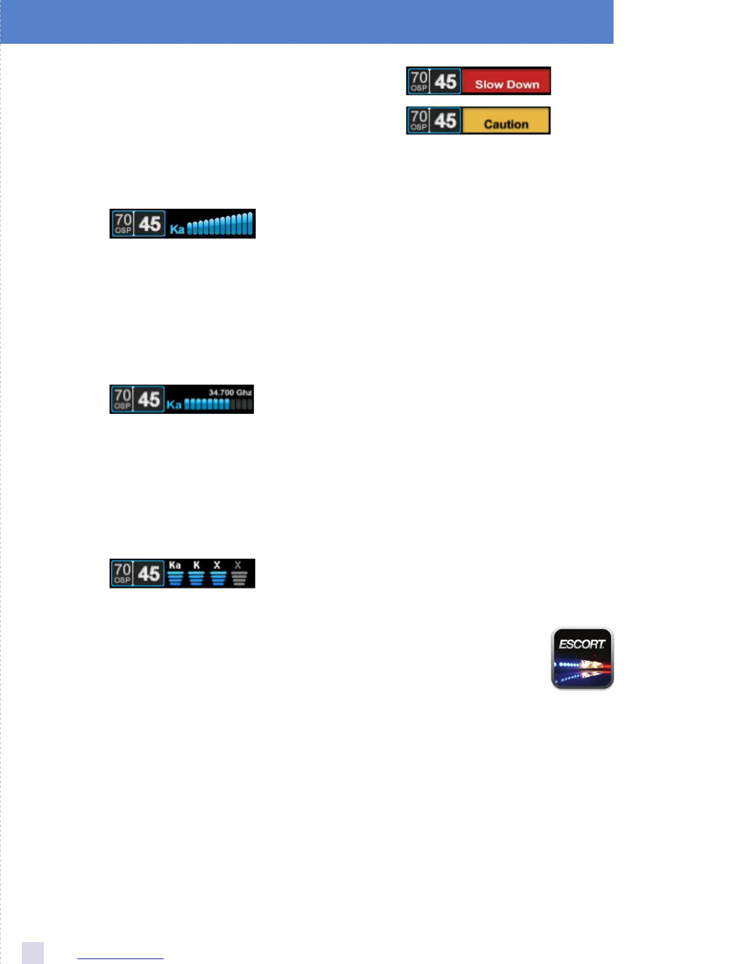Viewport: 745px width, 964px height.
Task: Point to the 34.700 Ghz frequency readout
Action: [230, 393]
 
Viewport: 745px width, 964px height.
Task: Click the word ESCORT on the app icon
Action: [582, 644]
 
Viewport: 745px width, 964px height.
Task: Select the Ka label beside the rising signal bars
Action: [177, 229]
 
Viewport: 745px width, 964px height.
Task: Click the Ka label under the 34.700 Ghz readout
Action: [174, 404]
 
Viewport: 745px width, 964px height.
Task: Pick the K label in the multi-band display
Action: [197, 565]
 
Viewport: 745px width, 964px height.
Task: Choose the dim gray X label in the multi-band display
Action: [238, 565]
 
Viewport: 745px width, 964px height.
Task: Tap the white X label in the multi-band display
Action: [217, 565]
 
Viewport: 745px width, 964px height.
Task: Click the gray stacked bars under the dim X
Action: [239, 578]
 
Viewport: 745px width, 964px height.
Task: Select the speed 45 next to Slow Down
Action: [446, 82]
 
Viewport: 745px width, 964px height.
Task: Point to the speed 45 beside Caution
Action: [446, 120]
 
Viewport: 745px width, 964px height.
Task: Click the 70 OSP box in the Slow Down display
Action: [419, 81]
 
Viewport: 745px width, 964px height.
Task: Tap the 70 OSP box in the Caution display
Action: [419, 120]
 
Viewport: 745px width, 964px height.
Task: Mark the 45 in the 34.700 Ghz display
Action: [149, 400]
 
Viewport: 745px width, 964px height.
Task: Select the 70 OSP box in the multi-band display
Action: [122, 573]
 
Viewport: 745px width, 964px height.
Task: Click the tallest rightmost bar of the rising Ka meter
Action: [250, 223]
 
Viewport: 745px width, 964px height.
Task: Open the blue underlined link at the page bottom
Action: [121, 959]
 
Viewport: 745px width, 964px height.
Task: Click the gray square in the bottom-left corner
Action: [33, 953]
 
